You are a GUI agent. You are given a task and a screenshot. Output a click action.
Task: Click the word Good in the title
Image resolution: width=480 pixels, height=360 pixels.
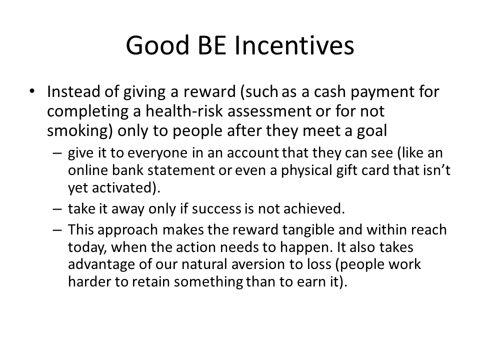point(157,45)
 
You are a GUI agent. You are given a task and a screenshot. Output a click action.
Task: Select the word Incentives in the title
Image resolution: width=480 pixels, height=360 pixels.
point(294,45)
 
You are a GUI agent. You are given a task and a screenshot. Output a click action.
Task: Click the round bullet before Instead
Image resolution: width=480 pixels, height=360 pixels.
point(32,91)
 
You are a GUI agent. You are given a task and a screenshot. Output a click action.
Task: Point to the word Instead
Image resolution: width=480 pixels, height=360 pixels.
point(73,91)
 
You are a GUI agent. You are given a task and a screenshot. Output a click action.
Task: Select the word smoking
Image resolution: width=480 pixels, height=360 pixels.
point(78,131)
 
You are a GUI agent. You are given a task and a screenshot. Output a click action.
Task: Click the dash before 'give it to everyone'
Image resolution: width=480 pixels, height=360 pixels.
point(57,153)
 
